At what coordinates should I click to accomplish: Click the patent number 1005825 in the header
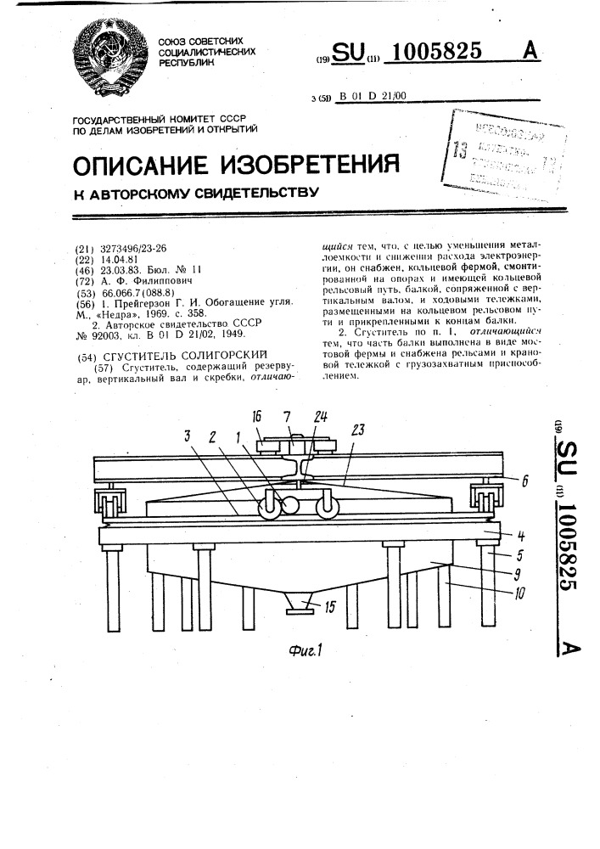click(435, 53)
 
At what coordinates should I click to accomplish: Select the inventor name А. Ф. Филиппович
click(148, 280)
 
